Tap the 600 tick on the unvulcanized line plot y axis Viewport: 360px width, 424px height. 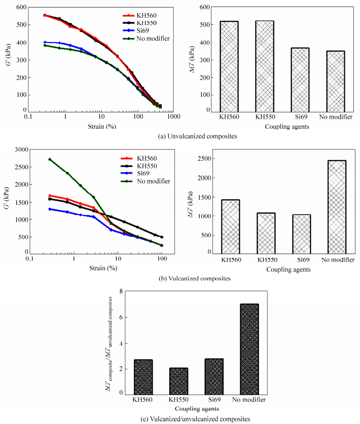click(x=21, y=8)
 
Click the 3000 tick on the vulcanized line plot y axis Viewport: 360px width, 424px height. click(x=19, y=150)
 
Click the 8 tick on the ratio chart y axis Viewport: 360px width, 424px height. click(x=121, y=291)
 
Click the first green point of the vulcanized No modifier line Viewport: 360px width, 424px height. click(x=50, y=159)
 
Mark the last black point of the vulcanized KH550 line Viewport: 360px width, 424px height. click(x=162, y=237)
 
